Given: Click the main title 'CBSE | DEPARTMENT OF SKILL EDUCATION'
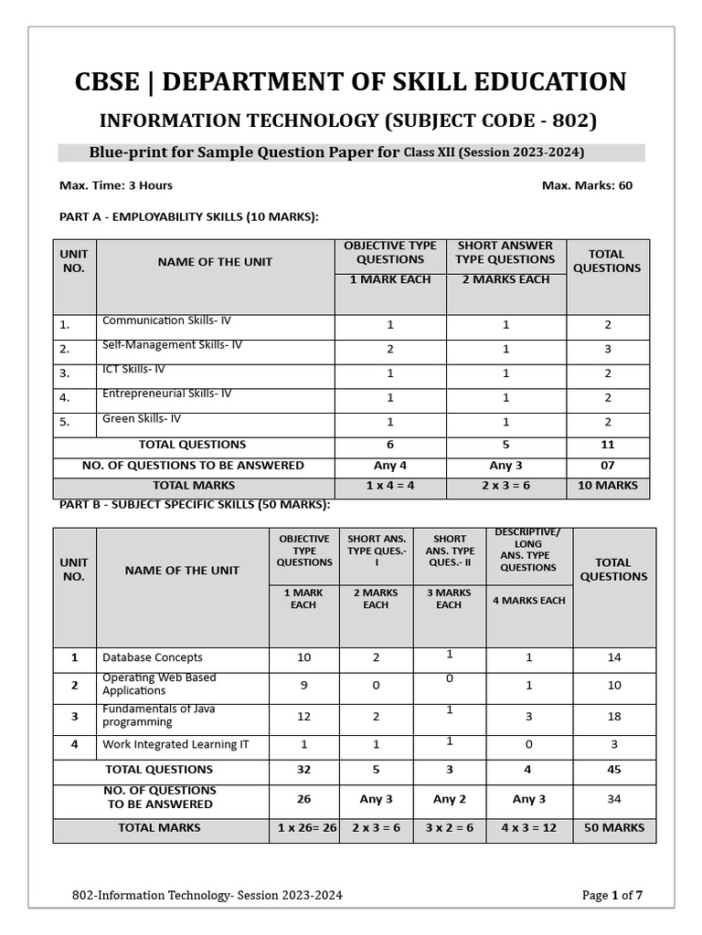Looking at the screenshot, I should click(x=351, y=82).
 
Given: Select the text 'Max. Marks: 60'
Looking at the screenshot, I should click(x=587, y=185).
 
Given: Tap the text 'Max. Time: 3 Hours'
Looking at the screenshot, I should click(x=116, y=185).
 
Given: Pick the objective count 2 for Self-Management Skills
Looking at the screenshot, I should click(x=390, y=349).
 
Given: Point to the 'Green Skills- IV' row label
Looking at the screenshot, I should click(x=142, y=419).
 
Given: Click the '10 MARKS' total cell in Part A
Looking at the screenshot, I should click(x=607, y=486).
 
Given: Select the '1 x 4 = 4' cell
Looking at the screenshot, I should click(x=390, y=486).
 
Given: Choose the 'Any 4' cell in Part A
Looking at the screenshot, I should click(x=390, y=466).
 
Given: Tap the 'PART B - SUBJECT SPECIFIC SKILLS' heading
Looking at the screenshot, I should click(x=195, y=505).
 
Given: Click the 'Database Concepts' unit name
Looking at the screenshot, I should click(x=153, y=657).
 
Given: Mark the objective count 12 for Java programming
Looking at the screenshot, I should click(x=303, y=717).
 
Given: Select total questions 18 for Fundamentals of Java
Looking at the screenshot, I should click(x=613, y=717).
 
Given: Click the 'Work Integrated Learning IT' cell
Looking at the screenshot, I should click(x=175, y=745).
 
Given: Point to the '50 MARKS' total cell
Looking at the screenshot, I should click(x=613, y=828).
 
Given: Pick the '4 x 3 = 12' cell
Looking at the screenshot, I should click(x=528, y=828).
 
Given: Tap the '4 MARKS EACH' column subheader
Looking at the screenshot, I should click(x=528, y=601).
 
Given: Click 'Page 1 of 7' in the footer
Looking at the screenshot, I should click(x=612, y=896).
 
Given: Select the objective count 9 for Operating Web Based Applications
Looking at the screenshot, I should click(x=303, y=685).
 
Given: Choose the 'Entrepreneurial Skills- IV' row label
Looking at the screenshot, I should click(x=166, y=394).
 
